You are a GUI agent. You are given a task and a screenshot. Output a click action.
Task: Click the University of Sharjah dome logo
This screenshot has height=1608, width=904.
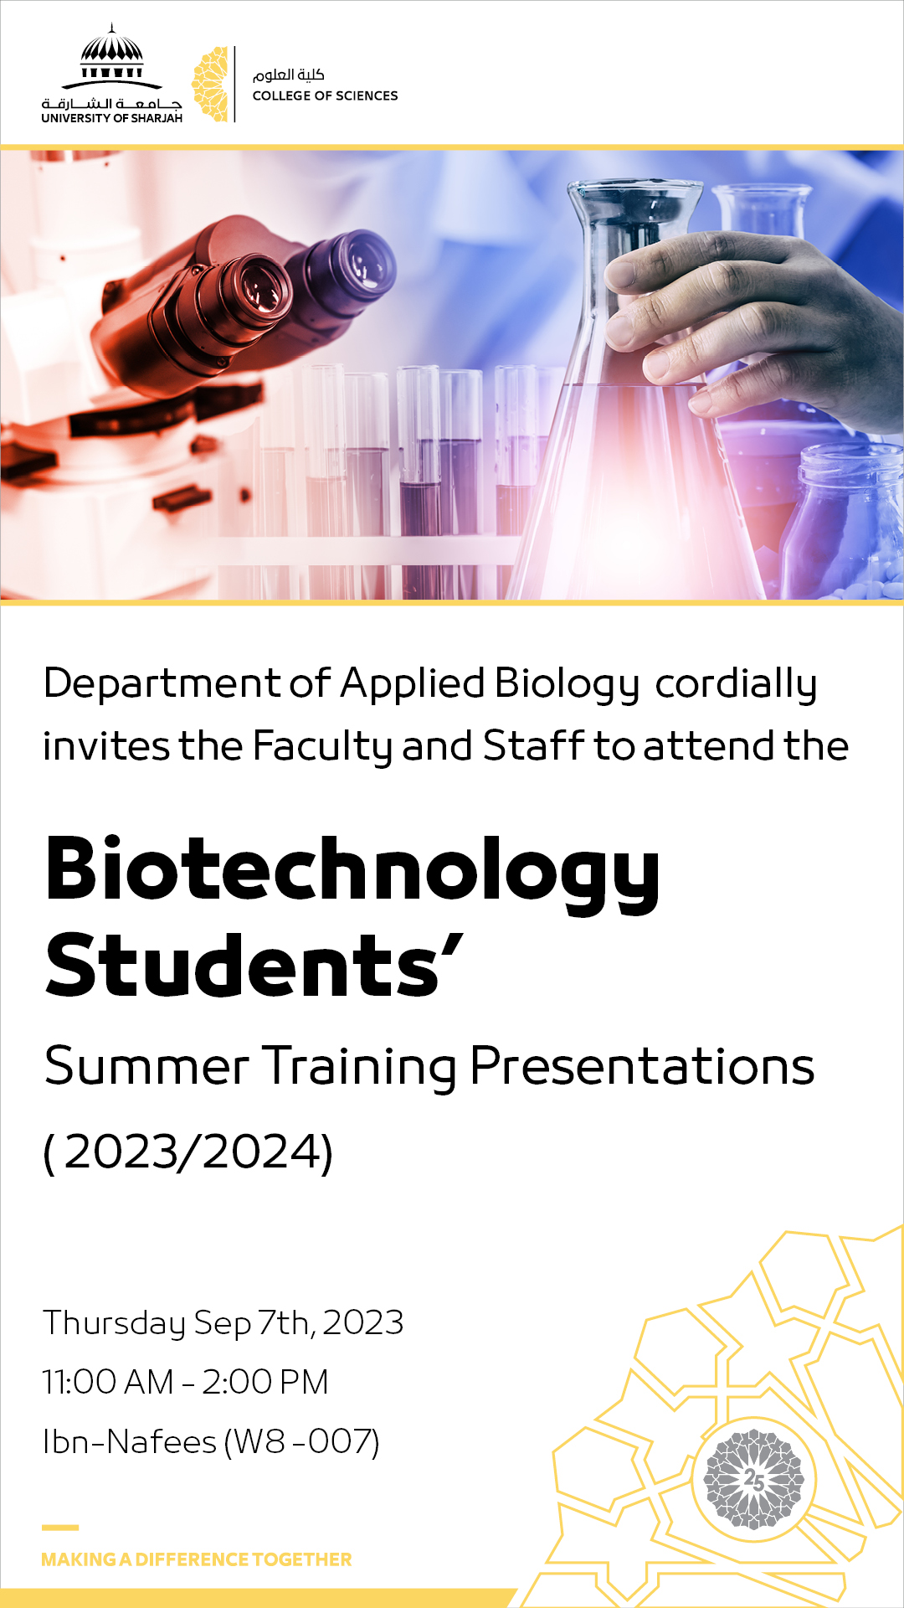(111, 74)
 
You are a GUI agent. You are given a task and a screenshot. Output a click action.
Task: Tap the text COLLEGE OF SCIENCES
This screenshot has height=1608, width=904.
(325, 95)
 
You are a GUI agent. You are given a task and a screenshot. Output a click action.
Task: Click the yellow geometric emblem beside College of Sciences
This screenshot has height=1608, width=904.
(210, 85)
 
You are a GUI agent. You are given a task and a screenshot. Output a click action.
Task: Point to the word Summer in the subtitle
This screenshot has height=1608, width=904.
(147, 1066)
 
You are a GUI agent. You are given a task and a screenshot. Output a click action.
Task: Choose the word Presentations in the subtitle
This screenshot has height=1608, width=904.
(642, 1066)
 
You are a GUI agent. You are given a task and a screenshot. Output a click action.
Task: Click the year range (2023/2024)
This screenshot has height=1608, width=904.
(188, 1152)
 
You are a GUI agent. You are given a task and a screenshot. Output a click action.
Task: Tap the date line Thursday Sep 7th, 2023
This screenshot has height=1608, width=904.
(223, 1323)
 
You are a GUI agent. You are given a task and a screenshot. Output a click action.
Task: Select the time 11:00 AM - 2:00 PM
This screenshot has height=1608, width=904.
(186, 1382)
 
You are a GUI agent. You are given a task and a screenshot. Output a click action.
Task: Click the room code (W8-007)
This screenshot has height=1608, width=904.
(302, 1442)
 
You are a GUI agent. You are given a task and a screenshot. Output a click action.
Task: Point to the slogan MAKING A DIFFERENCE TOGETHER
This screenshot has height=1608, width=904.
(197, 1559)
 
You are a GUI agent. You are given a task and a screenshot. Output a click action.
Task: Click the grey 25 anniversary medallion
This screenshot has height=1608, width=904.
(753, 1479)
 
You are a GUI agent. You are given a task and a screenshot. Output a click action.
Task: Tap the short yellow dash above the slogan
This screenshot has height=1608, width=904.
(60, 1528)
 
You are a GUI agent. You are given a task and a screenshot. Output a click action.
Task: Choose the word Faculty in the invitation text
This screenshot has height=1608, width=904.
(322, 747)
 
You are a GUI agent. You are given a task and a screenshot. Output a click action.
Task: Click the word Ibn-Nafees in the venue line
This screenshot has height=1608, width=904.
(130, 1442)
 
